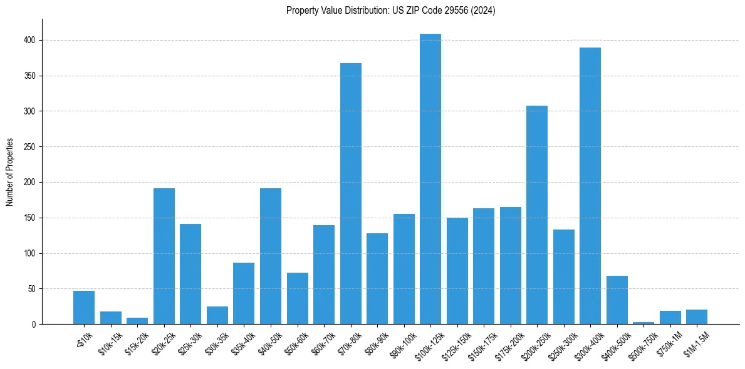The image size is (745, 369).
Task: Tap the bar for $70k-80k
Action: pos(351,194)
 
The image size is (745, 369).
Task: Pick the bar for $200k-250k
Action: pos(537,215)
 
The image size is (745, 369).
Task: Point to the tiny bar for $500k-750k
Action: pos(643,323)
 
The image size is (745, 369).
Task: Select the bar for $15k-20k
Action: pos(137,321)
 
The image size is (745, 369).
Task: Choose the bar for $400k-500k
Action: pos(617,300)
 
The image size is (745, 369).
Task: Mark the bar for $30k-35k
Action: pos(217,315)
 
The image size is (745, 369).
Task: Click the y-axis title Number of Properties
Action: pos(10,172)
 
